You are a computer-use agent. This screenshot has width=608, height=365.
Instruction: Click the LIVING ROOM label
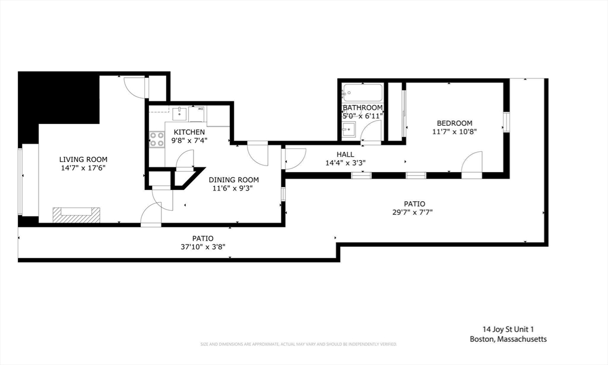pos(83,159)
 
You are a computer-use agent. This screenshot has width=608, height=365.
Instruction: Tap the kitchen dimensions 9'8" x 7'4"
pos(189,141)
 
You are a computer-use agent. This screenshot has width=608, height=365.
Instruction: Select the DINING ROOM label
pos(233,180)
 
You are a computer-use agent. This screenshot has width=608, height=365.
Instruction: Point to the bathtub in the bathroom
pos(362,93)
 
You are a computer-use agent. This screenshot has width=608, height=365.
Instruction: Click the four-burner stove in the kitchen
pos(157,139)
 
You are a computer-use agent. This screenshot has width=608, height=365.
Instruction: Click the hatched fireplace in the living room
pos(76,214)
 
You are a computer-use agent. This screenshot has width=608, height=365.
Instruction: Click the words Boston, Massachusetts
pos(508,339)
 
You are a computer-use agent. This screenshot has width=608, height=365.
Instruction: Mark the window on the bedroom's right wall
pos(506,122)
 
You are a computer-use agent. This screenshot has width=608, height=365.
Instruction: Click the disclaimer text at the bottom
pos(298,344)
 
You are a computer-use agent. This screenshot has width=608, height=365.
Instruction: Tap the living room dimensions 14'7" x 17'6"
pos(83,168)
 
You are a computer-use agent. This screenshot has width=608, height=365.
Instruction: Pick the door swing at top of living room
pos(136,87)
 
